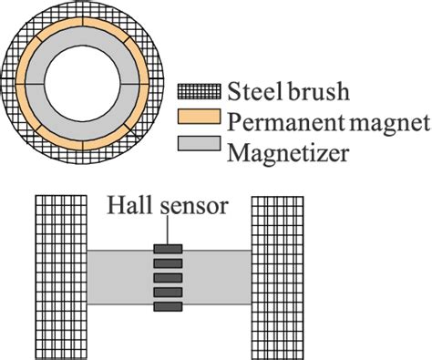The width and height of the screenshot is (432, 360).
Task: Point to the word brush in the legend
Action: [315, 92]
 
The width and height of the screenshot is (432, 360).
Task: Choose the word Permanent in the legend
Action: [283, 120]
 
